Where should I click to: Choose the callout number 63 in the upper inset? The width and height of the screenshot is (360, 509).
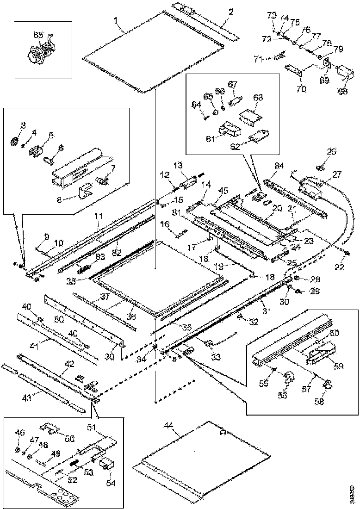click(258, 98)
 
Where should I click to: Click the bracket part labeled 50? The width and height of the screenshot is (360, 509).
click(49, 426)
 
